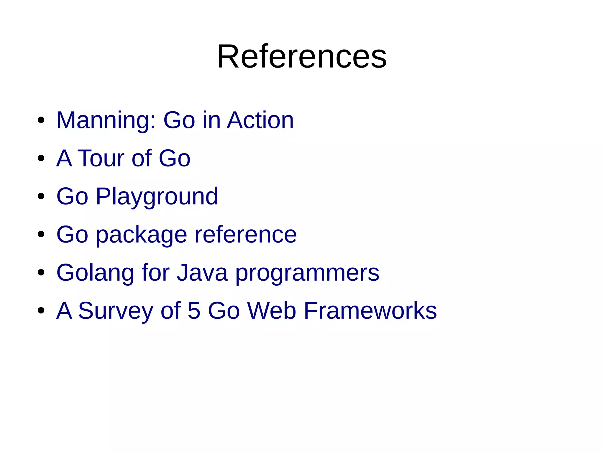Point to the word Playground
coord(157,197)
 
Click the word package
coord(142,235)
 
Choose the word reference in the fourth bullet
coord(246,234)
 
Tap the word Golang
coord(95,273)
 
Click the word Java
coord(202,272)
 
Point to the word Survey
coord(115,311)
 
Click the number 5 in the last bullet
coord(194,310)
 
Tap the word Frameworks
coord(370,310)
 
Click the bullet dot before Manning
coord(41,120)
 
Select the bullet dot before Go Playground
coord(41,197)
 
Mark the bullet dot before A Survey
coord(41,311)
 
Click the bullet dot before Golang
coord(41,273)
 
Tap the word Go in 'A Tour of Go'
coord(175,158)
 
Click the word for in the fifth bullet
coord(155,272)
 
